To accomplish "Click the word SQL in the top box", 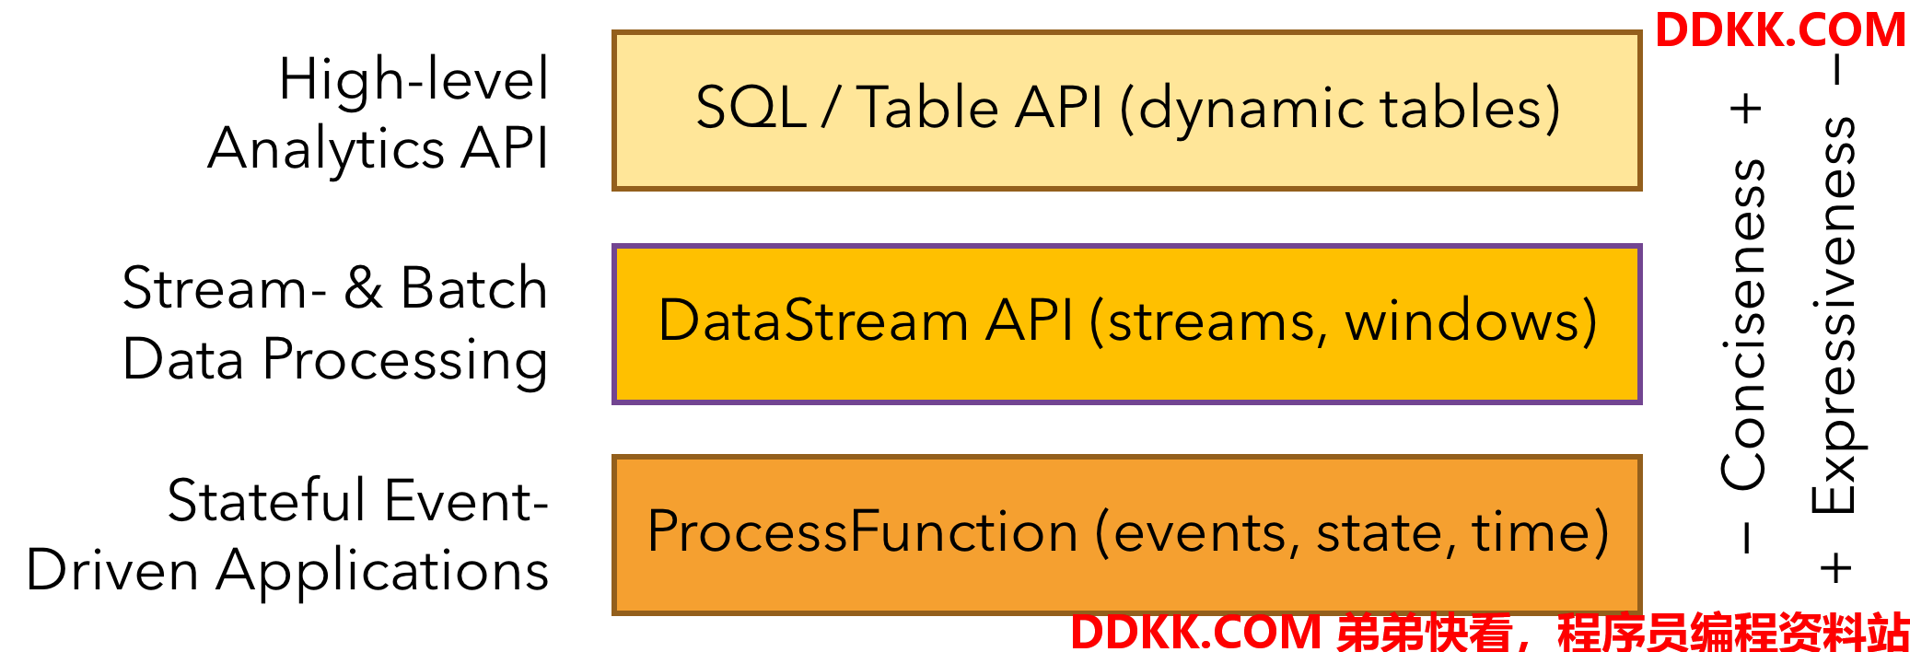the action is click(x=751, y=108).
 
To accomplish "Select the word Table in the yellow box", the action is click(x=928, y=107).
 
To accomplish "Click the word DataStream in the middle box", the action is click(x=812, y=320).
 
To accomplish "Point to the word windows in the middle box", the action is click(x=1461, y=320).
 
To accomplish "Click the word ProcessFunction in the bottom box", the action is click(x=862, y=531).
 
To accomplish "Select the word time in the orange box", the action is click(x=1530, y=531).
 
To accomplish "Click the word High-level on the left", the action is click(x=413, y=79).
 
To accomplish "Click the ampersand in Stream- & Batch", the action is click(x=363, y=287).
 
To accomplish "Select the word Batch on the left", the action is click(x=474, y=287).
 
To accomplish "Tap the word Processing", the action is click(x=405, y=360).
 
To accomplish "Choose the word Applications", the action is click(x=382, y=572).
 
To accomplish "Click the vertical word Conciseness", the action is click(x=1743, y=324).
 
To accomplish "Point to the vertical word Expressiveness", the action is click(x=1834, y=314).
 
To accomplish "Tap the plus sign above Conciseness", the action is click(x=1745, y=109).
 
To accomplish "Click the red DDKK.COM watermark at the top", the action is click(x=1780, y=30).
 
